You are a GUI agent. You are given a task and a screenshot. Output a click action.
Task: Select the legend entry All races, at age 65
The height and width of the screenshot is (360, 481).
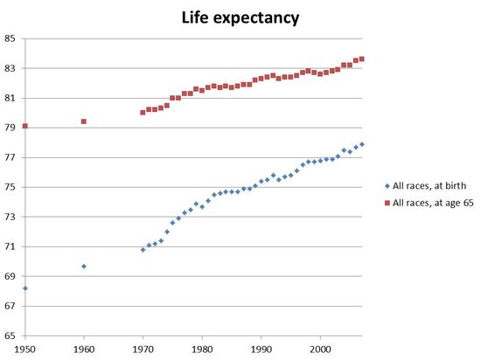pos(428,204)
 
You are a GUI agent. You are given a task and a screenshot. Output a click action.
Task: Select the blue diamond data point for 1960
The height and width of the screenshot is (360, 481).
pos(84,266)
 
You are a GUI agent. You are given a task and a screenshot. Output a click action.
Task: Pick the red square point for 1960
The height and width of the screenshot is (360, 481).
pos(84,121)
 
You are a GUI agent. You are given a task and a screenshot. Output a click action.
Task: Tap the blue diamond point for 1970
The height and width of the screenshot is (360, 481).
pos(143,250)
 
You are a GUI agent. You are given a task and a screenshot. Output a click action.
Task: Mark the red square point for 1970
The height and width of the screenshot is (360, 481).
pos(143,113)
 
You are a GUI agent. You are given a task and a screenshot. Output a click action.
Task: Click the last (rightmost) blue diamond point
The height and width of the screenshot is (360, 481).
pos(362,144)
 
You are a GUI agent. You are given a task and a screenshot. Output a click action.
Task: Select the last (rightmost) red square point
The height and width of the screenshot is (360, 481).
pos(362,59)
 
